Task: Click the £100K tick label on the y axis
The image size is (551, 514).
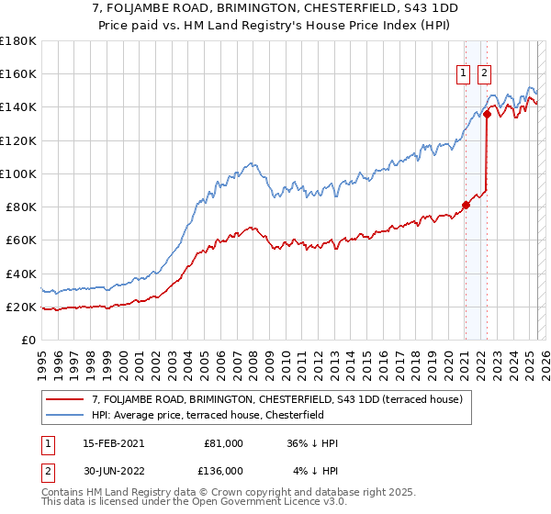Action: coord(17,173)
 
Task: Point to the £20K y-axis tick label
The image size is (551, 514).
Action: coord(20,307)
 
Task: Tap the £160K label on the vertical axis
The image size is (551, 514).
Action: coord(17,73)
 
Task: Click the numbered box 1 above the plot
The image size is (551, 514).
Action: coord(464,75)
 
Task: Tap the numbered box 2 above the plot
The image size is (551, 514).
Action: coord(484,75)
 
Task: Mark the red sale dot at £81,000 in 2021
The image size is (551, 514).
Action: coord(466,205)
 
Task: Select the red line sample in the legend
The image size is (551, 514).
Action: coord(65,399)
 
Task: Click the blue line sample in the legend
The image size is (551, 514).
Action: coord(65,415)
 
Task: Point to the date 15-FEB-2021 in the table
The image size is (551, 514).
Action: coord(113,443)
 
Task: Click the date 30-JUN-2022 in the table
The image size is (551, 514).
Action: coord(113,471)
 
